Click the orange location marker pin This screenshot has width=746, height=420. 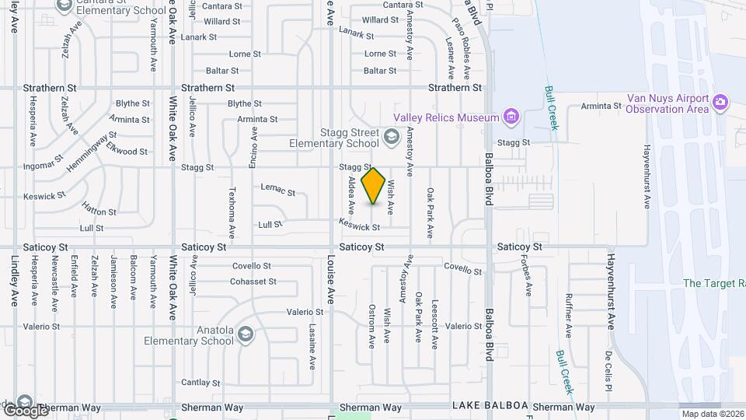pyautogui.click(x=374, y=186)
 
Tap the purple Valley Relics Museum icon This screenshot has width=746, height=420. pyautogui.click(x=511, y=117)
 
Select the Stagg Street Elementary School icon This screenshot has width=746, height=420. pyautogui.click(x=392, y=138)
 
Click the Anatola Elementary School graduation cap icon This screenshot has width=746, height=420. pyautogui.click(x=245, y=334)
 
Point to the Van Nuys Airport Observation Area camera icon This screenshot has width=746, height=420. pyautogui.click(x=720, y=102)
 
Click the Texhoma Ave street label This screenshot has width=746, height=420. pyautogui.click(x=232, y=211)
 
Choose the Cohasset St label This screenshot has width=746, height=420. pyautogui.click(x=253, y=282)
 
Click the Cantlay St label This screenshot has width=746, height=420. pyautogui.click(x=196, y=382)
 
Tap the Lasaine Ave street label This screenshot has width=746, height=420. pyautogui.click(x=312, y=346)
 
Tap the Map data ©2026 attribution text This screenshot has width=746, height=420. pyautogui.click(x=713, y=415)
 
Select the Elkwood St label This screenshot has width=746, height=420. pyautogui.click(x=127, y=151)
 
